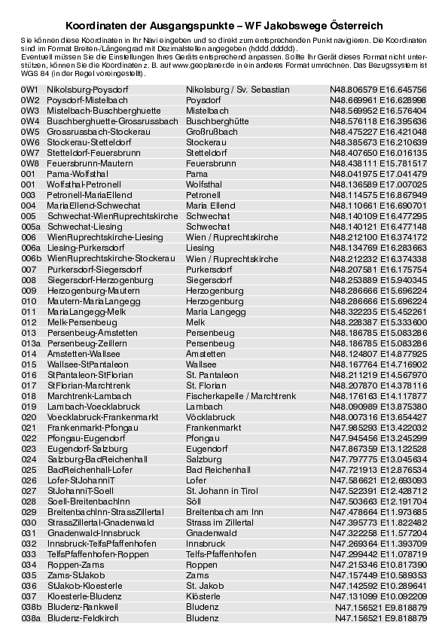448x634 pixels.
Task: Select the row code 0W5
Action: [30, 132]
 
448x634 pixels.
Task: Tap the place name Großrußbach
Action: [212, 132]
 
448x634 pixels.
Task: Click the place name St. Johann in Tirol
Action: [223, 490]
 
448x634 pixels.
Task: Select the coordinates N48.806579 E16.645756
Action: [378, 90]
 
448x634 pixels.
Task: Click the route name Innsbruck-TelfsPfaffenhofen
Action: [102, 543]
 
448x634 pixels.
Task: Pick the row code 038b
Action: [32, 606]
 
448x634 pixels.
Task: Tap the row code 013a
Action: [32, 343]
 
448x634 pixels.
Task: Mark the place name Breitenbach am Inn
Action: [224, 511]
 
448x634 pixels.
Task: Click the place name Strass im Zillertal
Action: [220, 522]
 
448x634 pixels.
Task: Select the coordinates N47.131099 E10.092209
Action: [378, 596]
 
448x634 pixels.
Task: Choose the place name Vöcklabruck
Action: [211, 416]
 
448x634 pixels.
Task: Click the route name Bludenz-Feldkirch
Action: [83, 617]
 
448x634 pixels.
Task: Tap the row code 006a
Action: [32, 248]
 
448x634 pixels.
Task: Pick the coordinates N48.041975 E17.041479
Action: [378, 174]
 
